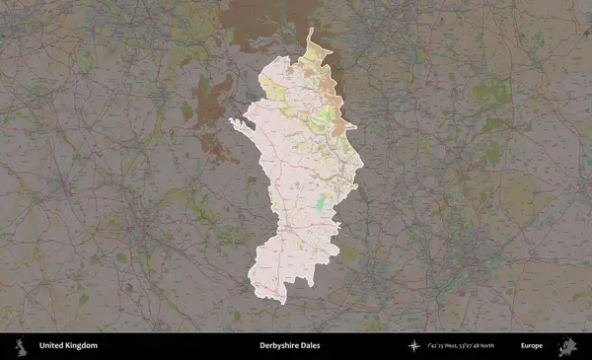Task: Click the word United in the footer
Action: tap(51, 346)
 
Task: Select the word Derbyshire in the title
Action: tap(279, 346)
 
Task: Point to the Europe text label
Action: tap(532, 346)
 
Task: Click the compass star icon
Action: tap(414, 346)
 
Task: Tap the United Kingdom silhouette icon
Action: tap(20, 346)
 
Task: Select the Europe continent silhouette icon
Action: tap(567, 346)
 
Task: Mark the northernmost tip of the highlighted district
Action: tap(310, 30)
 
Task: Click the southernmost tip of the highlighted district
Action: tap(283, 302)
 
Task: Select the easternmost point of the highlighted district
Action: tap(362, 162)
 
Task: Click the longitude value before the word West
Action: tap(434, 346)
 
